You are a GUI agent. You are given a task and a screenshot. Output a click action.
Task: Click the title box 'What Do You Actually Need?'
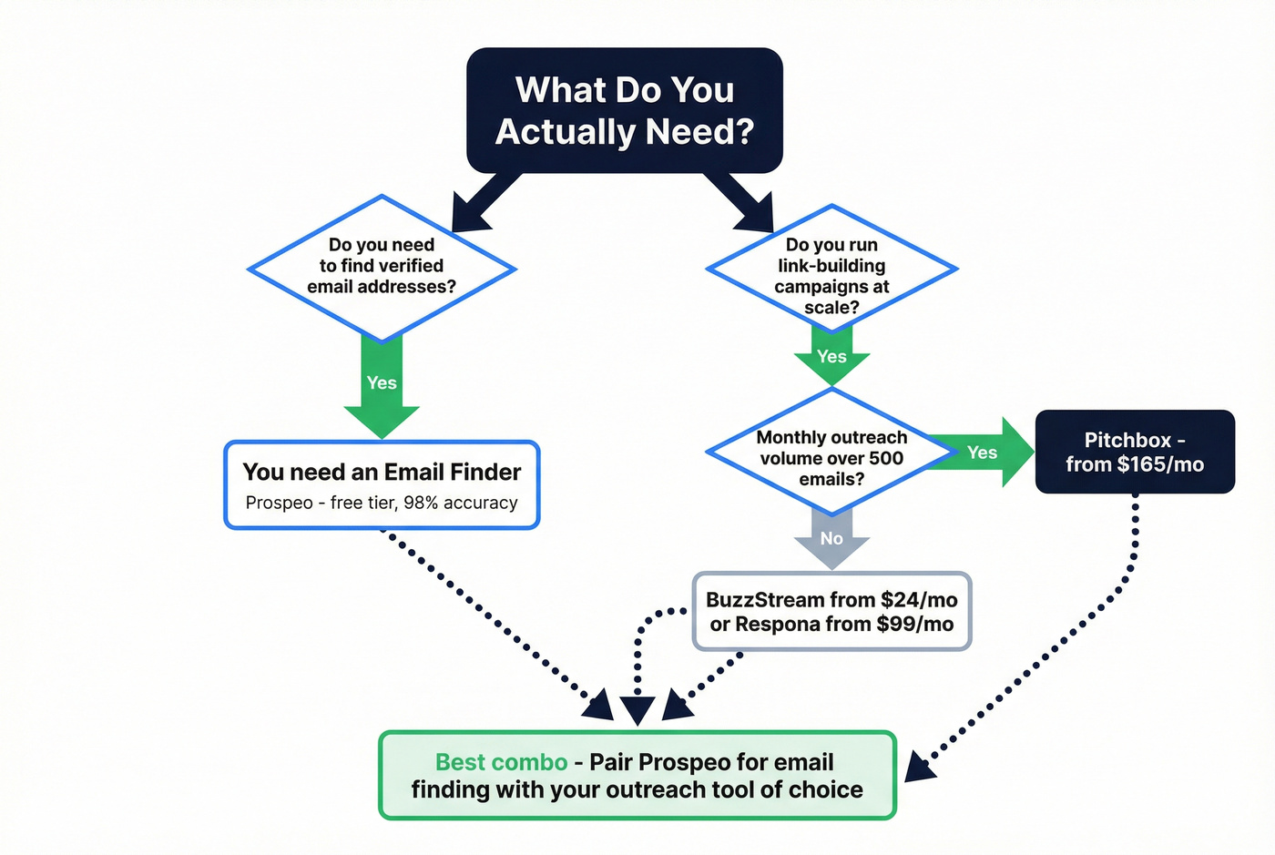click(x=625, y=110)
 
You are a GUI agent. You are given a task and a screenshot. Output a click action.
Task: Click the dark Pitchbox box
click(x=1135, y=452)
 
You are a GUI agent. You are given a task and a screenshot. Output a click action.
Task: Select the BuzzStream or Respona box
click(x=831, y=611)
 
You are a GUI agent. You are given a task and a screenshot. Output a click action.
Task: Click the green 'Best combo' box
click(x=637, y=775)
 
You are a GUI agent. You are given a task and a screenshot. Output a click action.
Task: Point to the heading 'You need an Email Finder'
click(x=382, y=472)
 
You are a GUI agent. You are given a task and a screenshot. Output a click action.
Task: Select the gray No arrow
click(x=831, y=538)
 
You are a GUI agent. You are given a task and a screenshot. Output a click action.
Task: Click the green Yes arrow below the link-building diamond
click(x=831, y=356)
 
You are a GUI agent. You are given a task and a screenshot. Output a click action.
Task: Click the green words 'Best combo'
click(x=501, y=762)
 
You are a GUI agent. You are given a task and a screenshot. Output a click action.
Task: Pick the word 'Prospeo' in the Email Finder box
click(x=279, y=503)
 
